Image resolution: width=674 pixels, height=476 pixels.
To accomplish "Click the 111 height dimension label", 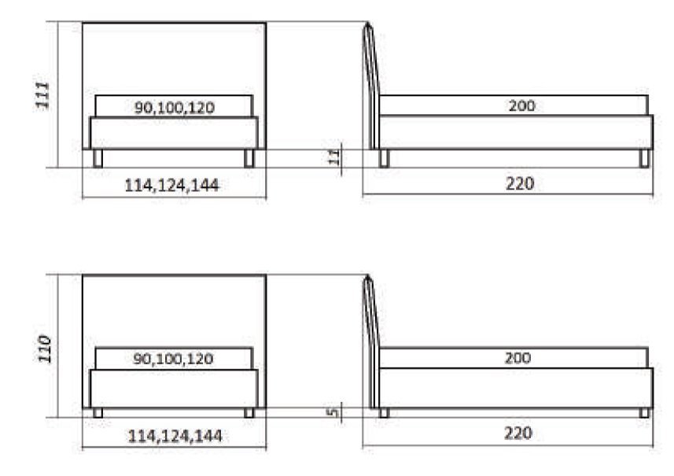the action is pos(43,94).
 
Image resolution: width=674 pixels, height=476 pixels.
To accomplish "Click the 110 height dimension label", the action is pos(45,349).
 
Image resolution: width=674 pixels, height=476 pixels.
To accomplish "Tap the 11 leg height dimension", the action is pos(334,157).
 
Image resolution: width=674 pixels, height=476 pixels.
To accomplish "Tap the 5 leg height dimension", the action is pos(333,412).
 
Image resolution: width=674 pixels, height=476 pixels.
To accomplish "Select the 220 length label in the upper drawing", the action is pos(520,183).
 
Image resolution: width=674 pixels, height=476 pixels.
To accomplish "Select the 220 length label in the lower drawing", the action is pos(518,433).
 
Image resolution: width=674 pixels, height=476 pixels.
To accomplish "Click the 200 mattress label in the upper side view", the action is pos(522,105).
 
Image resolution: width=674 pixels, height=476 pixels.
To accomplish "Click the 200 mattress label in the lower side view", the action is pos(518,358).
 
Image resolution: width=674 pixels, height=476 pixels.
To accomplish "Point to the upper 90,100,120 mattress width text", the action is pos(175,108).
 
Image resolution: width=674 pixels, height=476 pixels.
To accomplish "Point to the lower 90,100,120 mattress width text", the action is pos(173,359).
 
